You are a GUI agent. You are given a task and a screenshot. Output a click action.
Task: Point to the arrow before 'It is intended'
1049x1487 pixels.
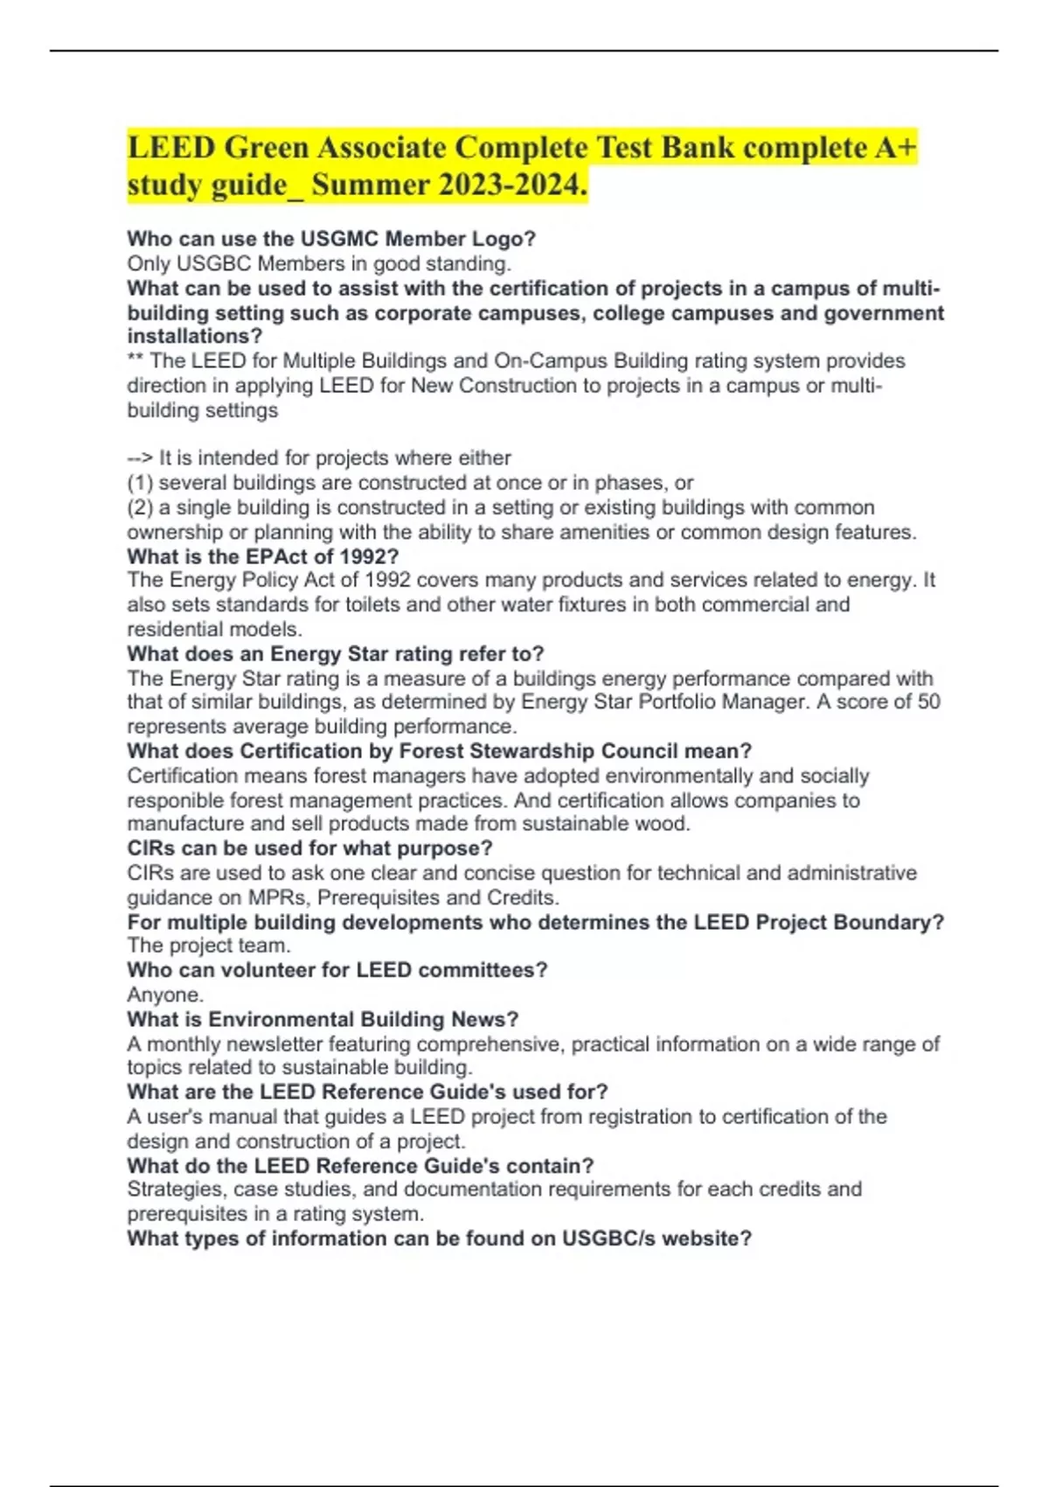(139, 458)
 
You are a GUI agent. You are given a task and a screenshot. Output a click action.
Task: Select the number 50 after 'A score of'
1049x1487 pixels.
(928, 702)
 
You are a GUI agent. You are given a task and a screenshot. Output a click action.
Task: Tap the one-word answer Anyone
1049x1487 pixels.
(165, 995)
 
